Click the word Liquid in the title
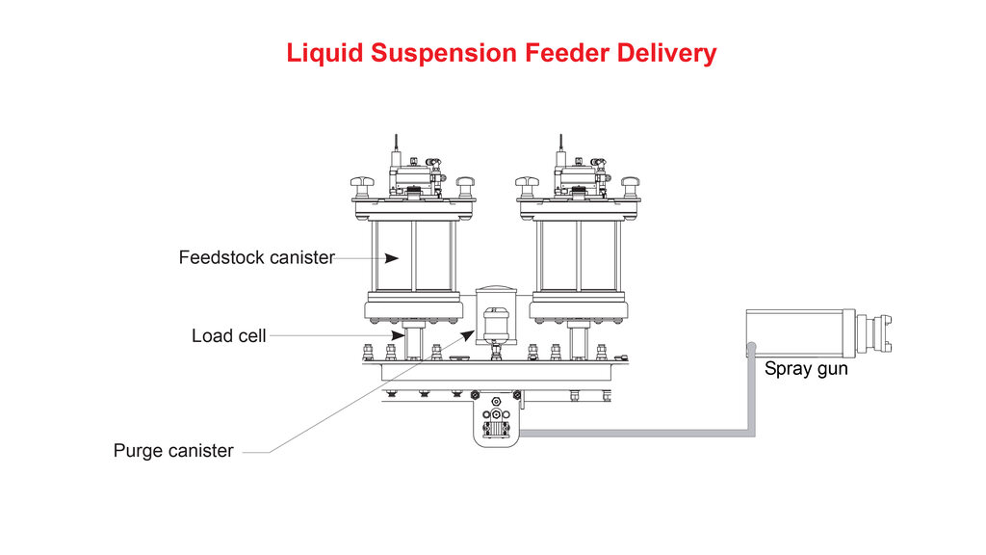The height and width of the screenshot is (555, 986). click(x=325, y=53)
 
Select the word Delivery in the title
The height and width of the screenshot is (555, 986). click(x=667, y=53)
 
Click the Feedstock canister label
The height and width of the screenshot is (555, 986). click(x=256, y=258)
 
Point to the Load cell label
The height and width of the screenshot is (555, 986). click(x=228, y=336)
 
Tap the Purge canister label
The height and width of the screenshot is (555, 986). click(x=173, y=451)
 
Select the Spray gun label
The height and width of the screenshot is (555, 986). click(x=806, y=369)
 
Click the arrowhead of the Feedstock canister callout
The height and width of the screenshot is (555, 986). click(x=393, y=258)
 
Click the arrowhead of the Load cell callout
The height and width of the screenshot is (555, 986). click(x=399, y=335)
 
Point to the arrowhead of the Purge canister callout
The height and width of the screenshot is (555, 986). click(x=470, y=333)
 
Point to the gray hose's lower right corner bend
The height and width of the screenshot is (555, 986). click(x=751, y=431)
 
